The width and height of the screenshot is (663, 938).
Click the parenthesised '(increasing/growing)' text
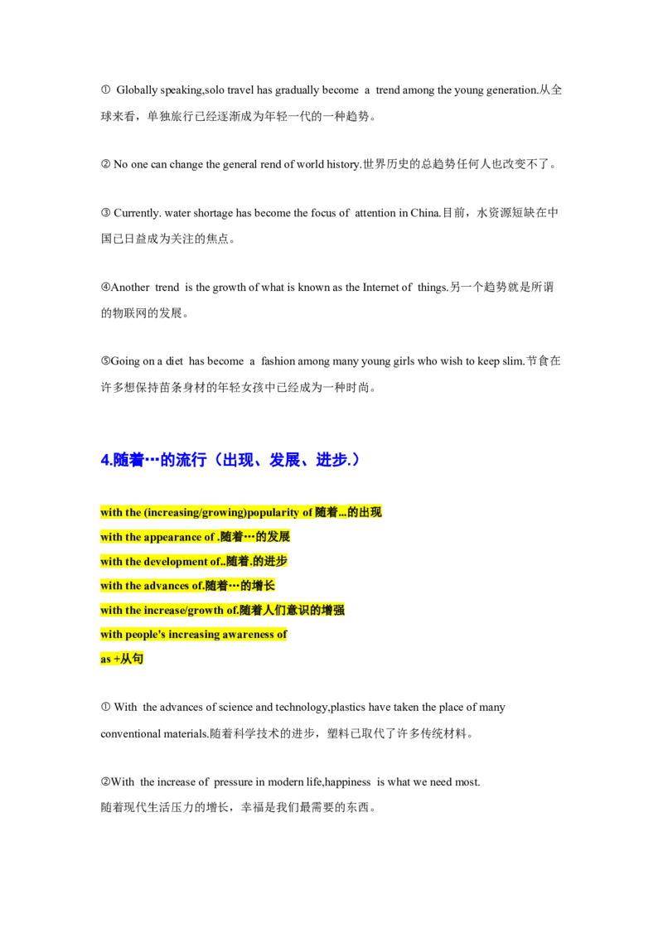(195, 513)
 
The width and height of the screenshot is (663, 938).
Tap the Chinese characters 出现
(371, 512)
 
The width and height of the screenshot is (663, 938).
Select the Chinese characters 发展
(279, 537)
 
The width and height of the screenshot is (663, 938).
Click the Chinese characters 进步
(275, 561)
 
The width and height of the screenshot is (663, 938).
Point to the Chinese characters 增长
(264, 586)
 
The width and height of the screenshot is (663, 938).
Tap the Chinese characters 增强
(333, 610)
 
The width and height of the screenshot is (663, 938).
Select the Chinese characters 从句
(133, 659)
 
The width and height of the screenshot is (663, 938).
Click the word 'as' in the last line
(105, 660)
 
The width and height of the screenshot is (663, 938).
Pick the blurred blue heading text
(230, 459)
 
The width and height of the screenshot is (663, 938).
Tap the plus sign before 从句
(117, 660)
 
